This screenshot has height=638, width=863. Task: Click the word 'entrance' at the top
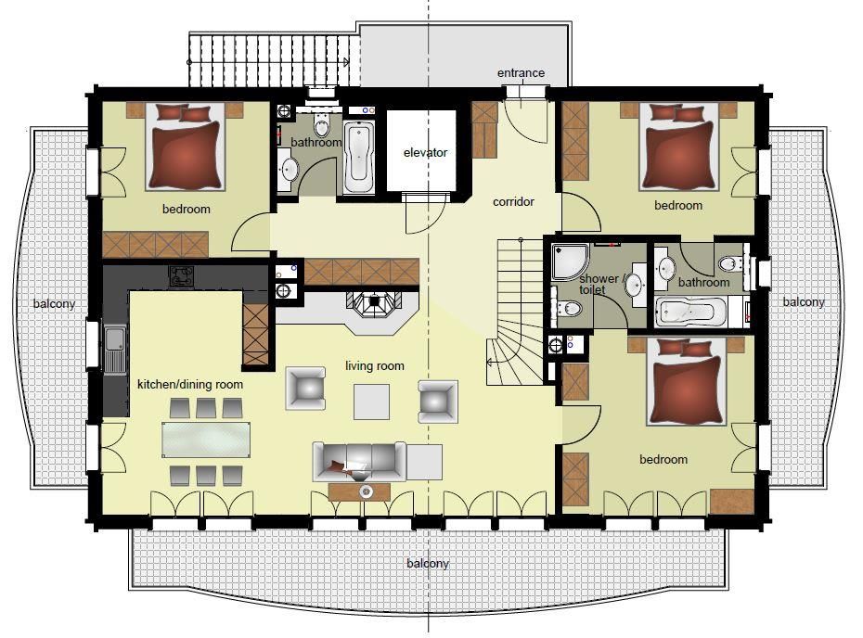point(521,72)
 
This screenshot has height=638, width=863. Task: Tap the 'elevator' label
point(425,152)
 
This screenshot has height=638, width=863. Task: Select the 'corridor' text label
point(513,202)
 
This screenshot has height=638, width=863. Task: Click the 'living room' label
point(374,365)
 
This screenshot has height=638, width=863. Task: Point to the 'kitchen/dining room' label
point(190,385)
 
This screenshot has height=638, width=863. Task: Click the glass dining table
point(206,440)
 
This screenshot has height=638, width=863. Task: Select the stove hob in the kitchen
point(181,276)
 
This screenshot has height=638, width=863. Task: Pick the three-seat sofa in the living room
point(359,461)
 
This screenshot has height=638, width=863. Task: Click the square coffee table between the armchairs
point(371,402)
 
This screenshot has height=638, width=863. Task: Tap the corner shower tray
point(571,261)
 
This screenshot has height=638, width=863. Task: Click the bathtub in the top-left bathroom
point(359,158)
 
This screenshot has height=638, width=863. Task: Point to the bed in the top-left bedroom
point(186,147)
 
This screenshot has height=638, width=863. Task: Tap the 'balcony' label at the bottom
point(428,563)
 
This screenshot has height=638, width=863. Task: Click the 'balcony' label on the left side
point(54,303)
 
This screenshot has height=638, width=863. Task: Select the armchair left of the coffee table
point(305,389)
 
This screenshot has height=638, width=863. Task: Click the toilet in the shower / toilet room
point(568,309)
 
